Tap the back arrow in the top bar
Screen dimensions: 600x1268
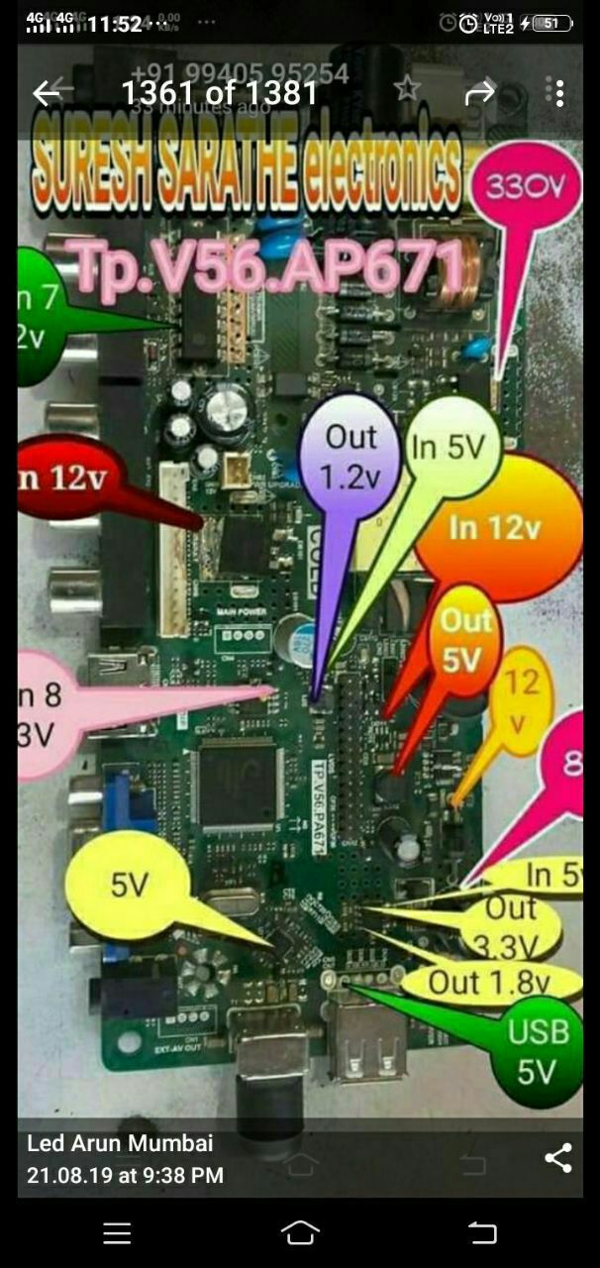[x=47, y=93]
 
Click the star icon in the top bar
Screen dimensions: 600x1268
[x=406, y=90]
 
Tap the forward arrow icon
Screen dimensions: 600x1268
[x=480, y=93]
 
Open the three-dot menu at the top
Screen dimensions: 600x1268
[x=558, y=93]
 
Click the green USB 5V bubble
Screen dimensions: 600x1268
[x=539, y=1049]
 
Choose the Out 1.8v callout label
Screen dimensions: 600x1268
[x=489, y=983]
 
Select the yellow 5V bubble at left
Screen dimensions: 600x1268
[x=129, y=885]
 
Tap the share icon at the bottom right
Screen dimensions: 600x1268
[x=558, y=1158]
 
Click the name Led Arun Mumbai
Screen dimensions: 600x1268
[x=120, y=1143]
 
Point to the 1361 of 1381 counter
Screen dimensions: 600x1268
[x=219, y=93]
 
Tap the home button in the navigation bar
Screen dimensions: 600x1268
[x=300, y=1231]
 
